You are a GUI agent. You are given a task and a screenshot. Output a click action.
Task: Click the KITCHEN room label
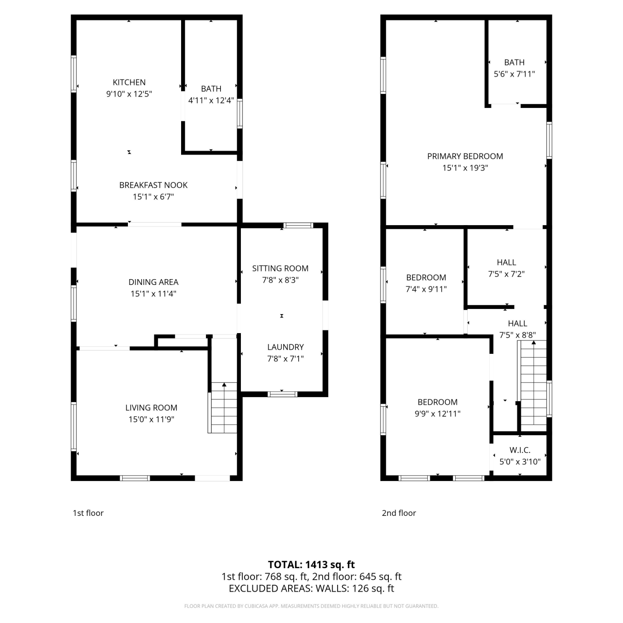click(x=129, y=82)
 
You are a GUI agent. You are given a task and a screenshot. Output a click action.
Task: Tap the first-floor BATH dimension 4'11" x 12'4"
click(x=211, y=100)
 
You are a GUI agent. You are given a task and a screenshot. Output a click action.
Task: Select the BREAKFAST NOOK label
click(x=153, y=185)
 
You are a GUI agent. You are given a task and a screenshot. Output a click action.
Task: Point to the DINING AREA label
click(x=153, y=282)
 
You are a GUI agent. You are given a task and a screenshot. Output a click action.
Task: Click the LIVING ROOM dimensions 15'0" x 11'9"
click(x=151, y=419)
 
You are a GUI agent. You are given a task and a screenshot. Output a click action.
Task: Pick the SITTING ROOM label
click(x=280, y=268)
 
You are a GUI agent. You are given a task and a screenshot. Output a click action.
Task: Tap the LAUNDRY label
click(x=285, y=347)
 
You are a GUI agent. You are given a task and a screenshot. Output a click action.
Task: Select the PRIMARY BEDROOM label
click(x=465, y=156)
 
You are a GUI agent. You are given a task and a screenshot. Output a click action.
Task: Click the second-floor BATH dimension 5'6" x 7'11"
click(x=514, y=74)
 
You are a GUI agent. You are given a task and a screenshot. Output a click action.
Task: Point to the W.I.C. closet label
click(x=520, y=450)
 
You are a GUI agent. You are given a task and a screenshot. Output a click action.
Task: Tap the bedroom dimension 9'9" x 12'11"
click(x=438, y=414)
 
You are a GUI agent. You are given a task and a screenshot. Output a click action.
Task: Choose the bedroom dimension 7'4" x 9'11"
click(x=426, y=289)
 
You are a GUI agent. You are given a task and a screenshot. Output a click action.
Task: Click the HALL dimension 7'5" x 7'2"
click(x=506, y=274)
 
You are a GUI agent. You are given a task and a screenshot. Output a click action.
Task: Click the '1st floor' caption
click(x=88, y=513)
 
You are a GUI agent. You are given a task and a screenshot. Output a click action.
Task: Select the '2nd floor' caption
click(x=399, y=513)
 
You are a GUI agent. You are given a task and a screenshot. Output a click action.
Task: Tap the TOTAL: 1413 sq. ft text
click(x=311, y=564)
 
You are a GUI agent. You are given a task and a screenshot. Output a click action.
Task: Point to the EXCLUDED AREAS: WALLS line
click(x=311, y=589)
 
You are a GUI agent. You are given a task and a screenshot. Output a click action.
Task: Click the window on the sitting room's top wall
click(x=298, y=226)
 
